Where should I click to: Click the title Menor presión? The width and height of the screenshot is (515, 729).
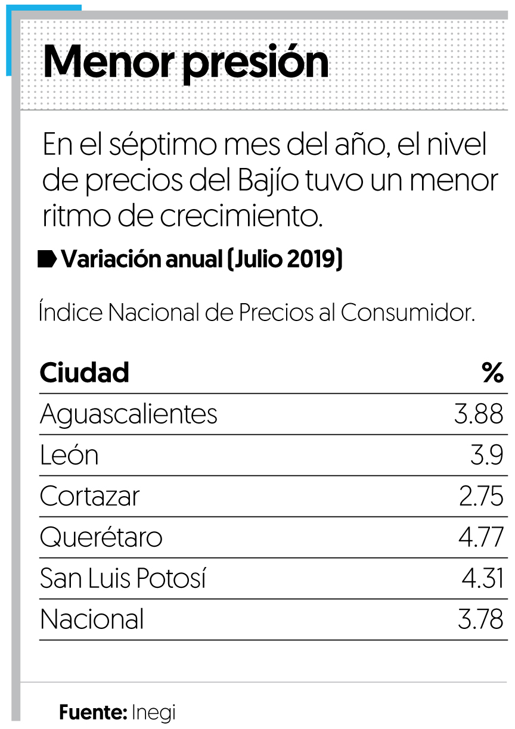(x=186, y=62)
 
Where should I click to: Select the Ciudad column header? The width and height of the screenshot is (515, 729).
(x=84, y=373)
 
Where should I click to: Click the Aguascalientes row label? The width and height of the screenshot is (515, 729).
(x=129, y=414)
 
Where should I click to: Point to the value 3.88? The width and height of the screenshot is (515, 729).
(x=479, y=414)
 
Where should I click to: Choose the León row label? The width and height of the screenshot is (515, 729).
(x=69, y=456)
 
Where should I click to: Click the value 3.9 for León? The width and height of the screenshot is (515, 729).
(x=486, y=456)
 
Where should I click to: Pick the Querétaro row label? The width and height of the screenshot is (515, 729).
(x=101, y=538)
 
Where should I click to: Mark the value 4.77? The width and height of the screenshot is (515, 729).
(x=480, y=538)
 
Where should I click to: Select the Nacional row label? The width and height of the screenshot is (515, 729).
(x=92, y=620)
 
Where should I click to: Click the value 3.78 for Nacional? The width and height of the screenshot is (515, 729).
(x=480, y=620)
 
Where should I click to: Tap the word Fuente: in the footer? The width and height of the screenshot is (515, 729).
(x=93, y=712)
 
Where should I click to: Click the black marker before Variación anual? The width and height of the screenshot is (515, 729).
(x=47, y=260)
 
